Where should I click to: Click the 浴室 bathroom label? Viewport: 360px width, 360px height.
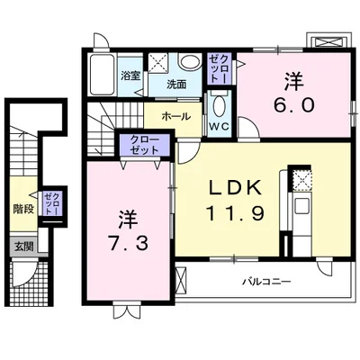click(x=130, y=76)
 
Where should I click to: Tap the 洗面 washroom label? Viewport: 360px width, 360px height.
click(x=176, y=84)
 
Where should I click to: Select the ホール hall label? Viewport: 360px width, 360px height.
click(x=175, y=116)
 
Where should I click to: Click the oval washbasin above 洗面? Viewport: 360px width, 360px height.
click(x=189, y=62)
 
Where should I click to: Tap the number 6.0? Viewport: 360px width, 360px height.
click(x=294, y=103)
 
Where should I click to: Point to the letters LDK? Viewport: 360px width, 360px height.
click(x=235, y=187)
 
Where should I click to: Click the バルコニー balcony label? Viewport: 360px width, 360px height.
click(x=265, y=281)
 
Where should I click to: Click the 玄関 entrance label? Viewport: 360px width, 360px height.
click(x=22, y=246)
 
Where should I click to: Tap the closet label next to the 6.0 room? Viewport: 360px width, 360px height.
click(x=219, y=68)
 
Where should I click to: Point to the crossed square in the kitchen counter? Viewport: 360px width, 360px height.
click(x=301, y=179)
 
